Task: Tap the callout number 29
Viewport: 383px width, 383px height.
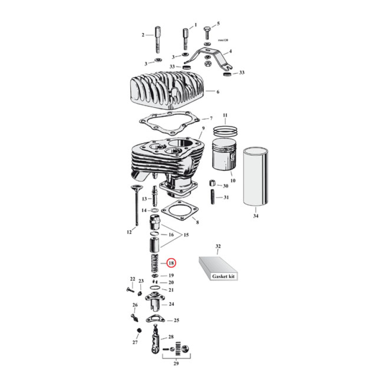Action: [x=177, y=364]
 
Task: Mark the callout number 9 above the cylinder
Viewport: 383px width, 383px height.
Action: [x=203, y=129]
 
